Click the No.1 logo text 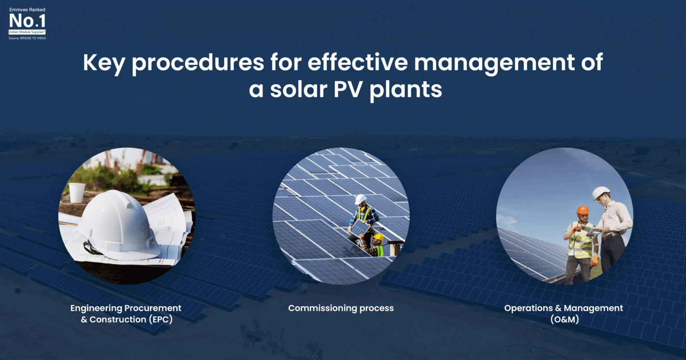(x=27, y=21)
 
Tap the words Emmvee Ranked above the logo (x=27, y=9)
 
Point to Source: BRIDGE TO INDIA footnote (x=27, y=38)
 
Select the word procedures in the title (x=198, y=63)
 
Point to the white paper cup (x=77, y=193)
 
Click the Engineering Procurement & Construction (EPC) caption (x=126, y=314)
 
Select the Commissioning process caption (x=341, y=308)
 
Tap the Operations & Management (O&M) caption (x=563, y=314)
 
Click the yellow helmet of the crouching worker (x=378, y=237)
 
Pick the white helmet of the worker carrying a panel (x=360, y=199)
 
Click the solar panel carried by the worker (x=360, y=229)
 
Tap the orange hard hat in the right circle (x=582, y=210)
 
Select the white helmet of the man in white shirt (x=601, y=193)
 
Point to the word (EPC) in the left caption (x=160, y=319)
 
